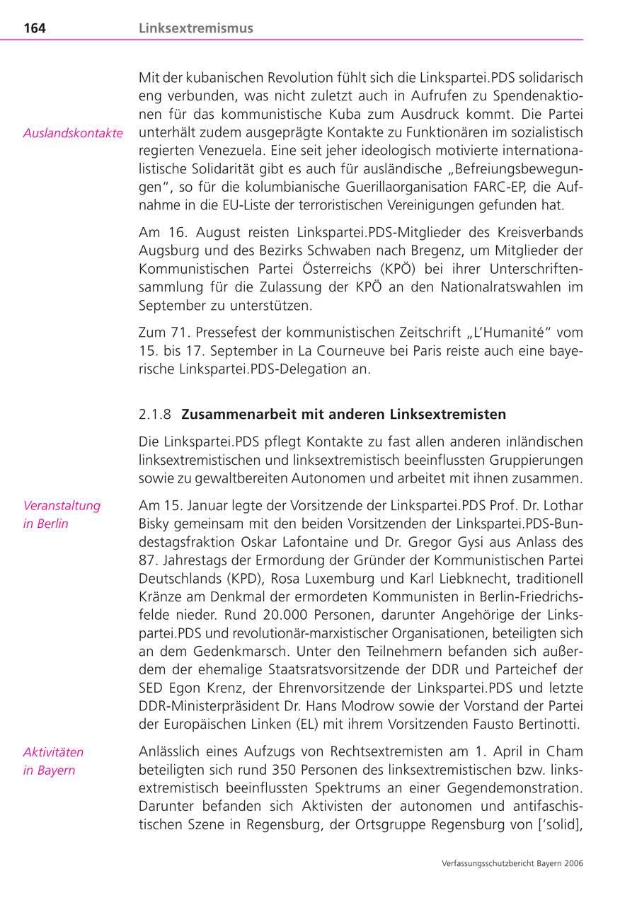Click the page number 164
(35, 28)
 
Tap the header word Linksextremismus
(195, 28)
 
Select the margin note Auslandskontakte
(73, 133)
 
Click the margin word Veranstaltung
(62, 505)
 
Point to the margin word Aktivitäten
(53, 751)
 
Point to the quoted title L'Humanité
(507, 333)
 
